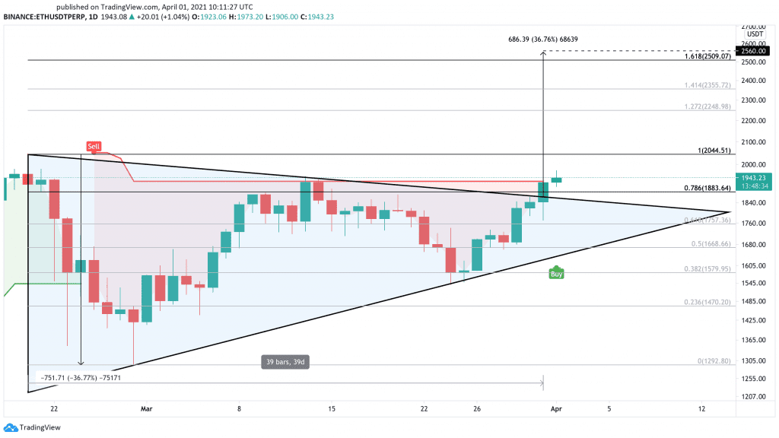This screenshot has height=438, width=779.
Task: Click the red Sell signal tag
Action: tap(94, 146)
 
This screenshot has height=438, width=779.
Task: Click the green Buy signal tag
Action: tap(556, 274)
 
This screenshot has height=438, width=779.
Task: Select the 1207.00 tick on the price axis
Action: tap(753, 397)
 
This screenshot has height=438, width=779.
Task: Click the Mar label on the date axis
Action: tap(148, 408)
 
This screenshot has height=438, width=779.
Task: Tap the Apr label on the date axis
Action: tap(555, 408)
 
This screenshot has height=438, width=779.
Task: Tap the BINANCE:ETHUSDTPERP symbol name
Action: tap(41, 17)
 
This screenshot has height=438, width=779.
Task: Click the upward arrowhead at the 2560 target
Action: tap(543, 53)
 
